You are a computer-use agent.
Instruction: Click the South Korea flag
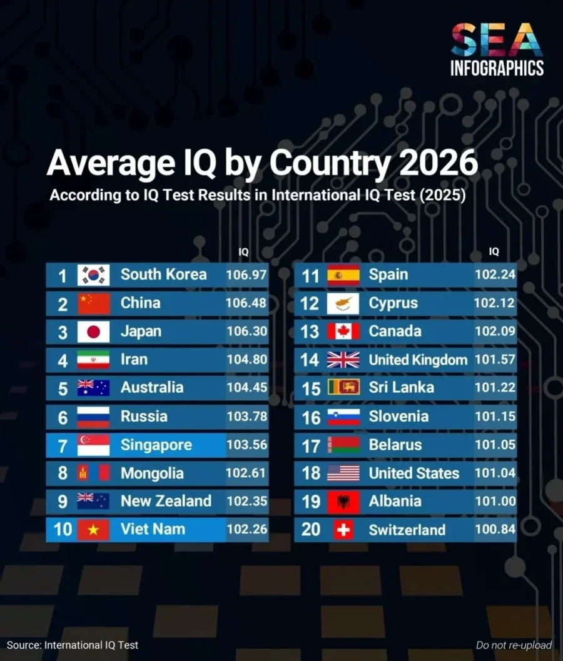click(x=93, y=275)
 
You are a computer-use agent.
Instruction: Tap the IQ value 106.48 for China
click(x=246, y=303)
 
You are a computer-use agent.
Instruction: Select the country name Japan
click(x=141, y=331)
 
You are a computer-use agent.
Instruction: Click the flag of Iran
click(x=93, y=360)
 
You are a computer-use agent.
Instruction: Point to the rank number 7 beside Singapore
click(x=63, y=446)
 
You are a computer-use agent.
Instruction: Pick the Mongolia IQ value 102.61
click(x=246, y=473)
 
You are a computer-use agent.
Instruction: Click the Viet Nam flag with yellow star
click(x=93, y=530)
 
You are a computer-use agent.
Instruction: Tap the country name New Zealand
click(x=166, y=501)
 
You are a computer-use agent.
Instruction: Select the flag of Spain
click(x=343, y=275)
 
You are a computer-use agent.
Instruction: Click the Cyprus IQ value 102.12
click(x=494, y=303)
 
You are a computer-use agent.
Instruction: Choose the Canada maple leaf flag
click(x=343, y=331)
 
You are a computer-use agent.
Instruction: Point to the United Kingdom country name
click(x=418, y=360)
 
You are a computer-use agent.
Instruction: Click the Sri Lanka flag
click(x=343, y=388)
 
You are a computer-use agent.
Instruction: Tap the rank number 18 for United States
click(x=310, y=473)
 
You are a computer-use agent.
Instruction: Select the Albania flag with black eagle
click(x=343, y=502)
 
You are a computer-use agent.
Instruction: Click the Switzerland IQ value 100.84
click(x=495, y=530)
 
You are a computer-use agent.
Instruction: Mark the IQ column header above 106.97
click(x=243, y=252)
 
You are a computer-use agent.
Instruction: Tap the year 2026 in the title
click(x=438, y=163)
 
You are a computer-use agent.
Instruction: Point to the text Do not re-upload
click(x=514, y=645)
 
